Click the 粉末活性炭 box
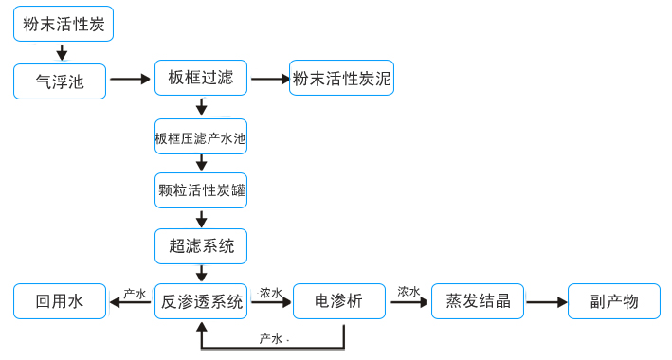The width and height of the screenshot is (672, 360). pyautogui.click(x=64, y=24)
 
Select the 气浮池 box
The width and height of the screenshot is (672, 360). pyautogui.click(x=60, y=81)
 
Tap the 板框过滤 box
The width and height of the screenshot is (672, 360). pyautogui.click(x=200, y=78)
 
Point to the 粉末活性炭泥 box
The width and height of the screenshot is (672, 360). pyautogui.click(x=341, y=79)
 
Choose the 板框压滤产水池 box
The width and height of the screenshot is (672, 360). pyautogui.click(x=200, y=137)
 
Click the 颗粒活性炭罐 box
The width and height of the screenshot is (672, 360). pyautogui.click(x=200, y=190)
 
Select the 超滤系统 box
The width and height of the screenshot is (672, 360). pyautogui.click(x=200, y=246)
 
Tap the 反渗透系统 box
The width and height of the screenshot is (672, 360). pyautogui.click(x=201, y=302)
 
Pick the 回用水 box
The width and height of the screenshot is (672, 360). pyautogui.click(x=60, y=302)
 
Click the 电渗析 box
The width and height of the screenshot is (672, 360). pyautogui.click(x=339, y=301)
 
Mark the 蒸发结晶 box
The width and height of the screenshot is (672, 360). pyautogui.click(x=478, y=301)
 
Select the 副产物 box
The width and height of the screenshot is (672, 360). pyautogui.click(x=613, y=301)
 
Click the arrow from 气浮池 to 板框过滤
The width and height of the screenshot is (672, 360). pyautogui.click(x=131, y=79)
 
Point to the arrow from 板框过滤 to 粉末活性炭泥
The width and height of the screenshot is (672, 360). pyautogui.click(x=270, y=79)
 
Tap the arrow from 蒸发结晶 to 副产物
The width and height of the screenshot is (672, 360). pyautogui.click(x=547, y=302)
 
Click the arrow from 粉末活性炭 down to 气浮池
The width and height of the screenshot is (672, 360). pyautogui.click(x=62, y=52)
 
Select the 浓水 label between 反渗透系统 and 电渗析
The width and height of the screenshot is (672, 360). pyautogui.click(x=271, y=294)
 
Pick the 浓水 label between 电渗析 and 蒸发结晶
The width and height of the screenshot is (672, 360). pyautogui.click(x=409, y=292)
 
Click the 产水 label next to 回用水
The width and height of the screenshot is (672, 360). pyautogui.click(x=135, y=294)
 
